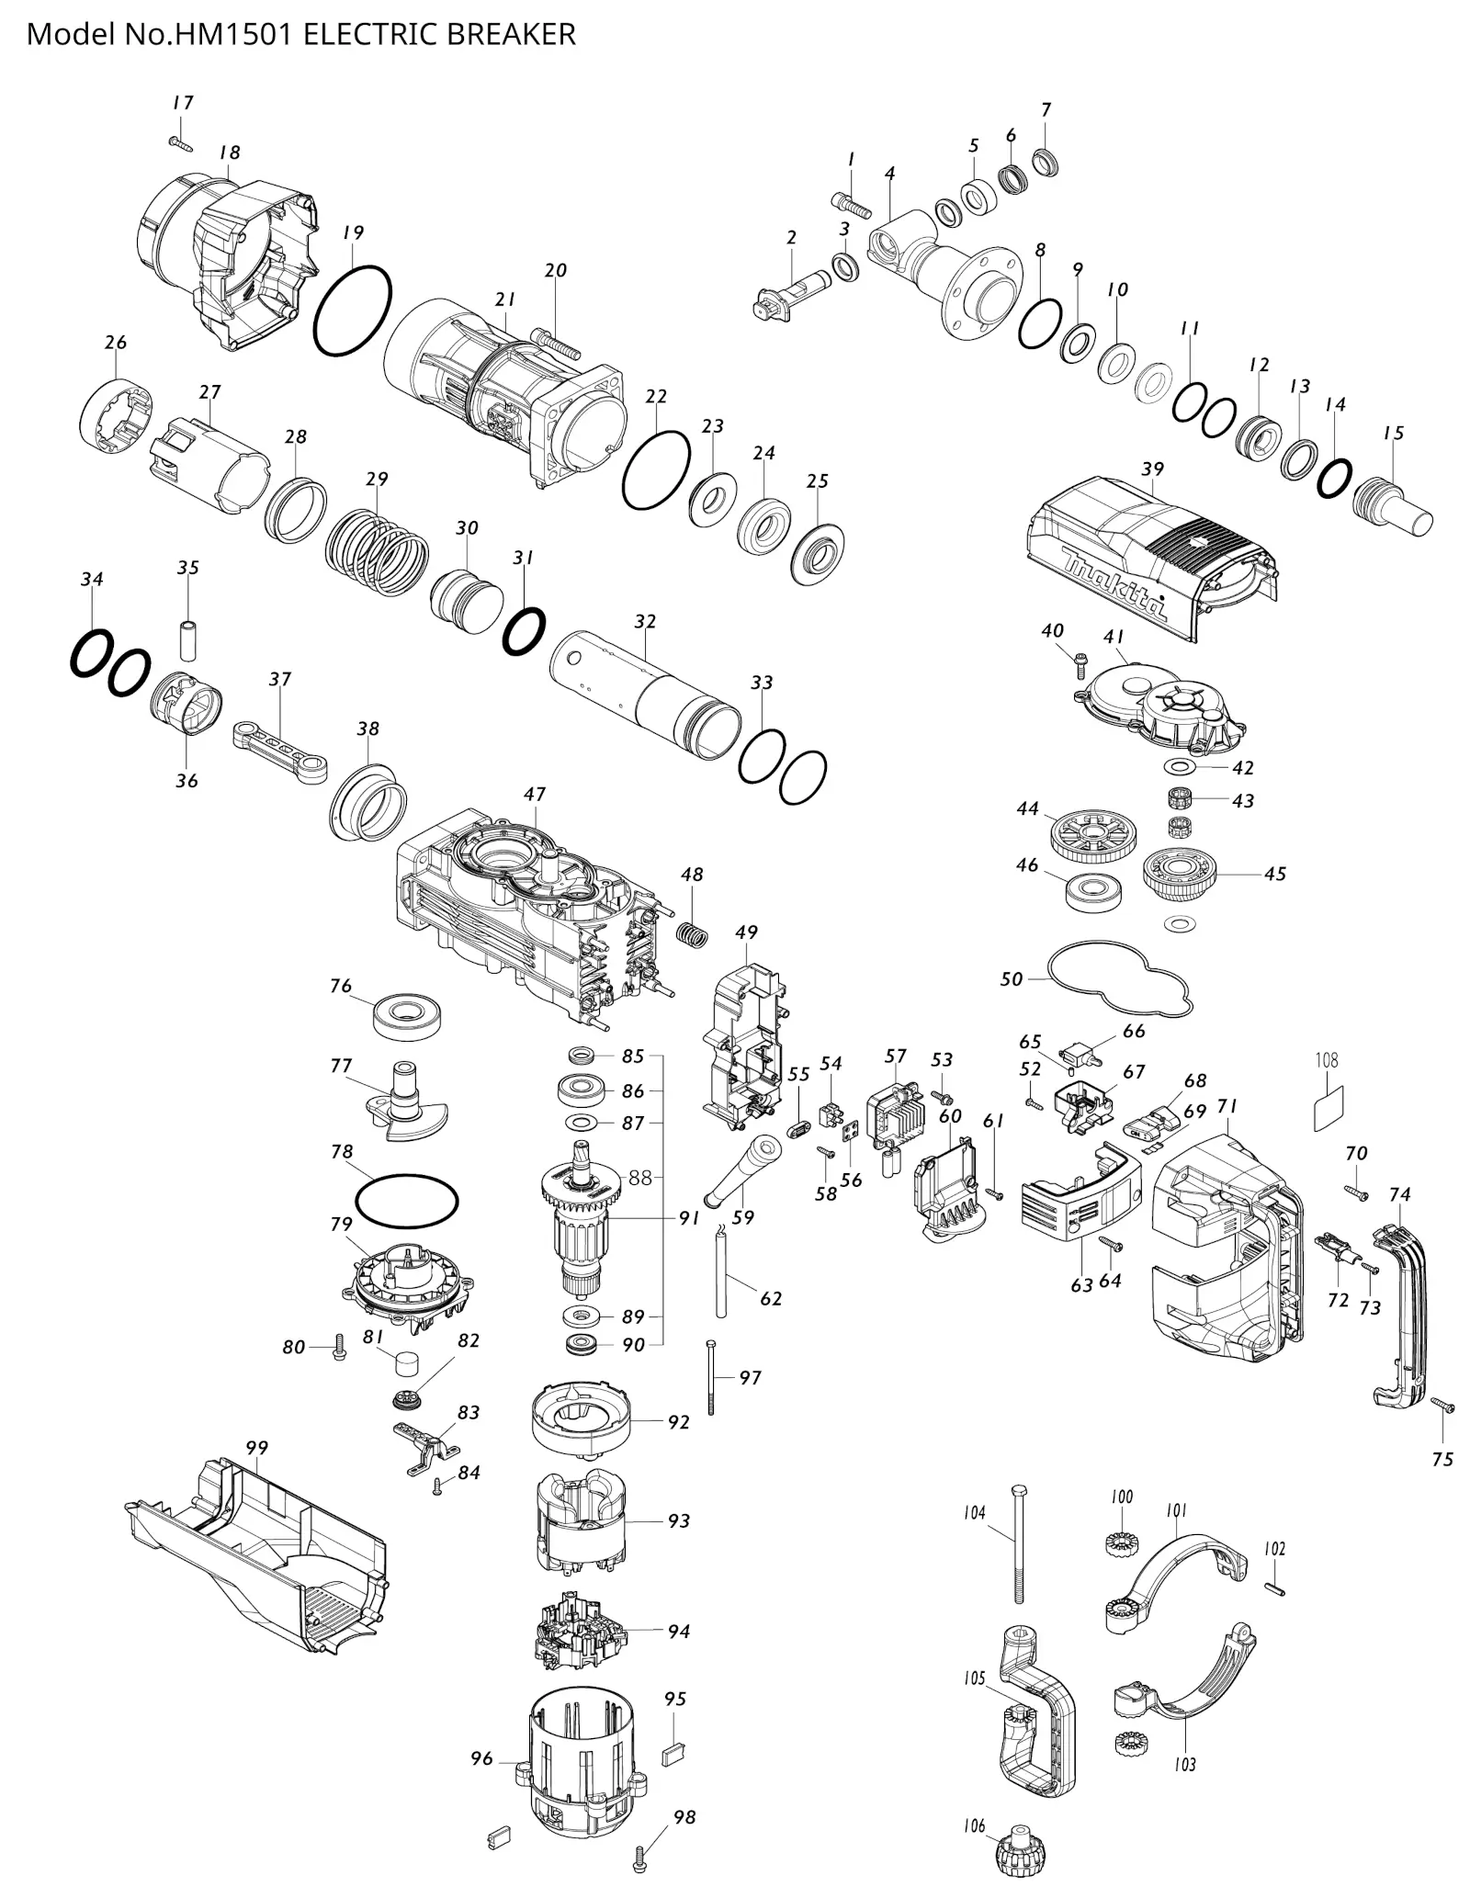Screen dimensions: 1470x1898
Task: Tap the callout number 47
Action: [x=535, y=794]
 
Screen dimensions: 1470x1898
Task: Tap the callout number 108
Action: [x=1327, y=1060]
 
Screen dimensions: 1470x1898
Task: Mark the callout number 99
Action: [x=257, y=1448]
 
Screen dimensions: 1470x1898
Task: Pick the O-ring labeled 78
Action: [x=406, y=1200]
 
